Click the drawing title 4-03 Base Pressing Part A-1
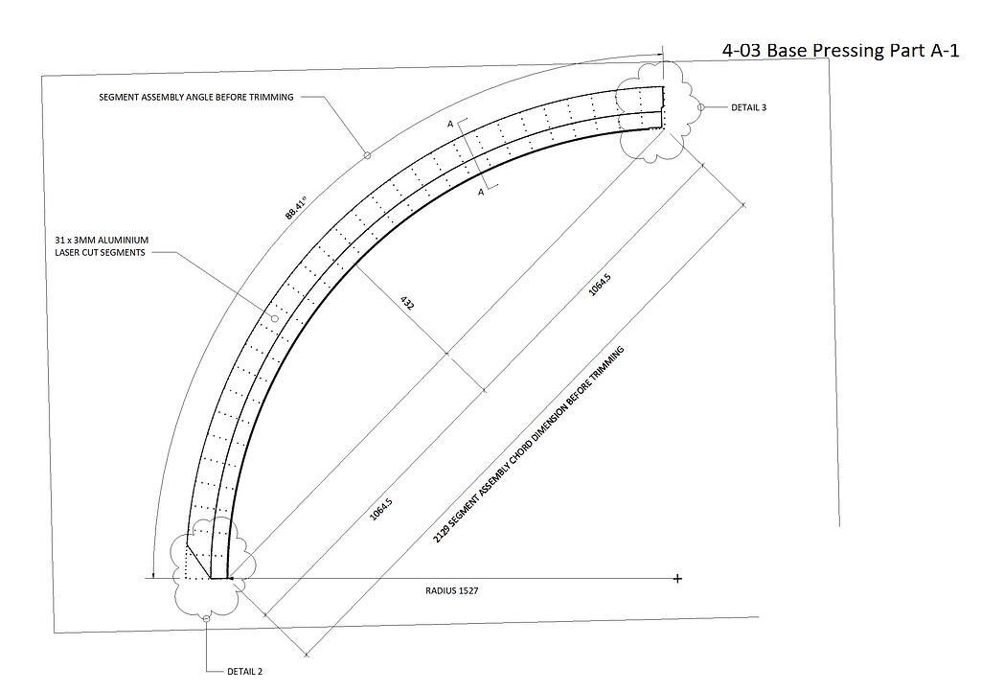840,51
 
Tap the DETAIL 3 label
748,107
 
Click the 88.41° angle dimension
294,209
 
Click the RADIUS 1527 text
451,591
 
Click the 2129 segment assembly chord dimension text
528,446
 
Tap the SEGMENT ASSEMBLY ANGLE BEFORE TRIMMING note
196,97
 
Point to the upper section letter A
449,125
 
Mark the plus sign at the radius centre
677,579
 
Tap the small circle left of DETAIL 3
700,107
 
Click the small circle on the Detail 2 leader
206,618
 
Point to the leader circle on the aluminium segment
274,318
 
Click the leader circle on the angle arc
366,153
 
